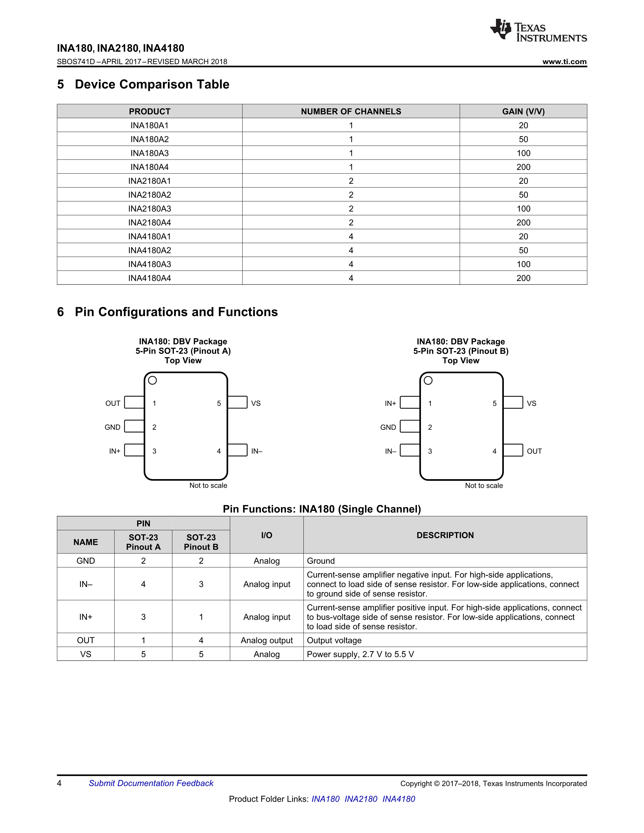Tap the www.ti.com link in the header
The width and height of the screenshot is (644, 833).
pos(564,62)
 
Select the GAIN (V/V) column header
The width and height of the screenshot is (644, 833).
pos(523,111)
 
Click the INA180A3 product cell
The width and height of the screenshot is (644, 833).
pos(150,153)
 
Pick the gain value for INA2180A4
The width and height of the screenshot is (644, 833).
pos(523,222)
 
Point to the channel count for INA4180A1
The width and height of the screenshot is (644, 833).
pos(351,237)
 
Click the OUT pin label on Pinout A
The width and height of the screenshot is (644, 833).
pos(113,403)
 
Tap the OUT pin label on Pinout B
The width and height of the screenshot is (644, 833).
pos(534,451)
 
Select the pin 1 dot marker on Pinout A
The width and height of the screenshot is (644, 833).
pos(152,380)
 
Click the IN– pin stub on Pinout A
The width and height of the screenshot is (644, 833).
pos(238,450)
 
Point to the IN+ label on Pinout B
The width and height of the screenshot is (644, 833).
pos(390,403)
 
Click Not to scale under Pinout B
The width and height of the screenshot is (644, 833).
pos(484,485)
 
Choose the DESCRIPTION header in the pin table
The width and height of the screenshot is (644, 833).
pos(445,535)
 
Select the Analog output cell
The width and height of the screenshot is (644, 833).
pos(267,640)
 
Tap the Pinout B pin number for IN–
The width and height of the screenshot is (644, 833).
pos(201,584)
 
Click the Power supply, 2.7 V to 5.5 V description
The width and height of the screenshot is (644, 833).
pos(360,655)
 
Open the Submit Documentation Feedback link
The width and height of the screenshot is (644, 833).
pos(151,784)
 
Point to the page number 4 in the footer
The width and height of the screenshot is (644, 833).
pos(59,784)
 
